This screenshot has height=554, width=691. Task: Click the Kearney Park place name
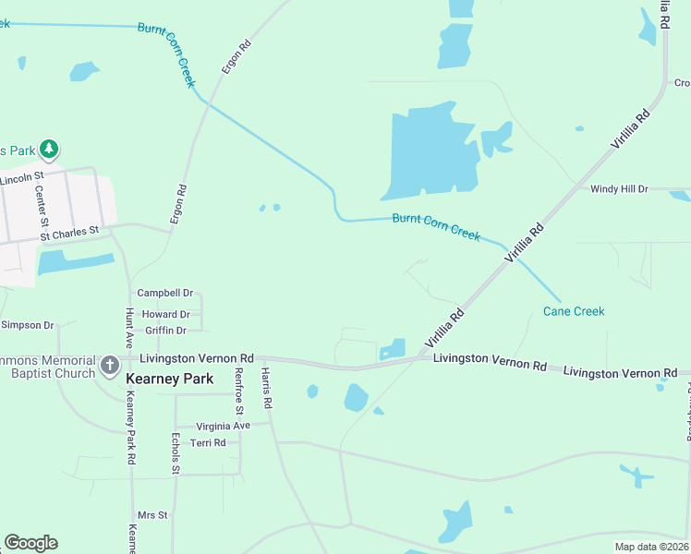tap(169, 379)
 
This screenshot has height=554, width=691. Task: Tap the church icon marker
tap(110, 365)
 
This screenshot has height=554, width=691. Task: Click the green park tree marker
tap(49, 148)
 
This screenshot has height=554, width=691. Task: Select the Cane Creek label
tap(574, 311)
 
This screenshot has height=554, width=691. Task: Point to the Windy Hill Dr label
tap(620, 189)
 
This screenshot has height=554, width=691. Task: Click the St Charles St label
tap(68, 235)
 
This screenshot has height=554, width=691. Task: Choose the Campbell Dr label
tap(164, 293)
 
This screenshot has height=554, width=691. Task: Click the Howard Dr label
tap(165, 315)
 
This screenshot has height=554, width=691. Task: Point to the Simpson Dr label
tap(28, 325)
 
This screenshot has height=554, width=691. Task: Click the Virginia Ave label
tap(223, 426)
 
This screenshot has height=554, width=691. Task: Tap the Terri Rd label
tap(207, 443)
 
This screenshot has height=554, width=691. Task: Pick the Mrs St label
tap(152, 515)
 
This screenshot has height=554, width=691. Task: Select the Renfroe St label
tap(239, 390)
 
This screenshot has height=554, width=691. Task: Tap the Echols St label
tap(175, 453)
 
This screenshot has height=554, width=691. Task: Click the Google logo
tap(30, 543)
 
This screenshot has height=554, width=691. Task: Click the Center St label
tap(41, 205)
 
